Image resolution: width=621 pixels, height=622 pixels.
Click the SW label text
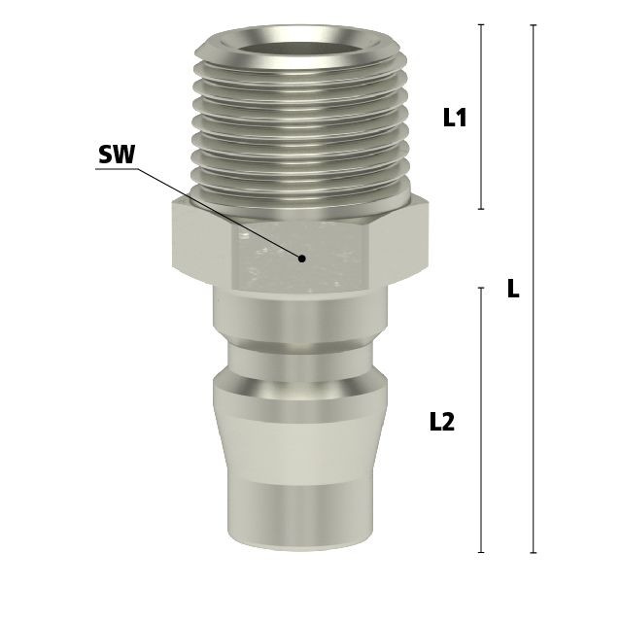coord(117,155)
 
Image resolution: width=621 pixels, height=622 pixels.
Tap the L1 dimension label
coord(455,118)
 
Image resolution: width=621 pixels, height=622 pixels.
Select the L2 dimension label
coord(442,422)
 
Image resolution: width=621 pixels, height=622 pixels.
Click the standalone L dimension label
coord(513,289)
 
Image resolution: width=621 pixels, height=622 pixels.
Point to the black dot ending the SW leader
coord(302,259)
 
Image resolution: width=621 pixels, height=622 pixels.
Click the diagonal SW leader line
coord(220,214)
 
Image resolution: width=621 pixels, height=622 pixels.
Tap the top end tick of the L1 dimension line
coord(481,24)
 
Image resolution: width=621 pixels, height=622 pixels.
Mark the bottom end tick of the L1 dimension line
coord(481,209)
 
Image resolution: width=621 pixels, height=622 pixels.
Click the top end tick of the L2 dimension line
coord(481,288)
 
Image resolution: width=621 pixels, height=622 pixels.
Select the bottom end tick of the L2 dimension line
coord(481,552)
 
